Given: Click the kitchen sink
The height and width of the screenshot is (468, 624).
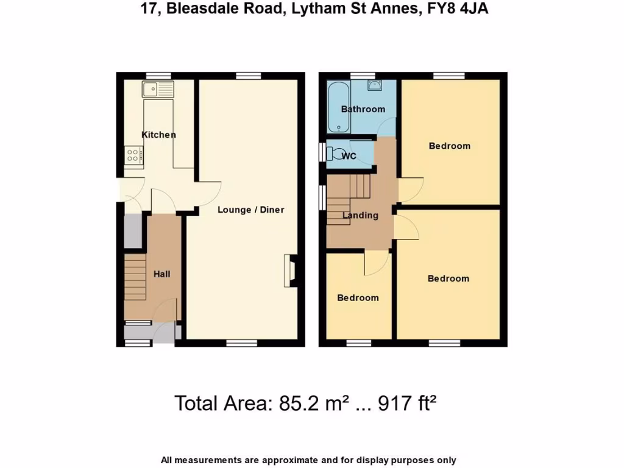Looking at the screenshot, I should (157, 90).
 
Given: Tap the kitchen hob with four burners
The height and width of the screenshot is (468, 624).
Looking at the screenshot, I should (133, 155).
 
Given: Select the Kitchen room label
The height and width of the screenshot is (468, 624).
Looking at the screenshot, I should (158, 135).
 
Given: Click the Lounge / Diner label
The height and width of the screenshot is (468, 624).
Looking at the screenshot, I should (251, 210).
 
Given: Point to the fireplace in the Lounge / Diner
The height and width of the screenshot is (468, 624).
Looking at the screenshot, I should (290, 271).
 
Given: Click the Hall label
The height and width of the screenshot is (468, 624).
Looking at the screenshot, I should (161, 274).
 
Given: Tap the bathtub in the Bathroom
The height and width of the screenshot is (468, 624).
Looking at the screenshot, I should (338, 108).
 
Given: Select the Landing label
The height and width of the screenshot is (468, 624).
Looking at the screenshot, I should (360, 215).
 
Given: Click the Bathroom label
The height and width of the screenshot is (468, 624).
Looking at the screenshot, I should (363, 109).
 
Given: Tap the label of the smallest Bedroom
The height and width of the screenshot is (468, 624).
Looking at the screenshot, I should (358, 298).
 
